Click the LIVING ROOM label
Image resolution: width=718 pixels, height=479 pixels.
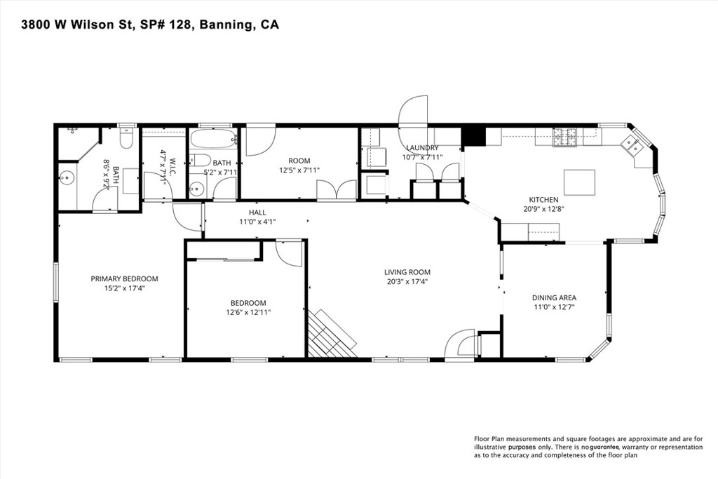click(x=407, y=272)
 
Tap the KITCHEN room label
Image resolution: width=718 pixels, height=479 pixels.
click(x=543, y=200)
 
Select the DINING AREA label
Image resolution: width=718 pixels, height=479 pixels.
click(x=554, y=297)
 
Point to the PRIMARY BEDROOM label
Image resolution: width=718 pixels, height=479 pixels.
click(x=124, y=278)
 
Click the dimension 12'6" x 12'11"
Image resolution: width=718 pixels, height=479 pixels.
click(x=248, y=312)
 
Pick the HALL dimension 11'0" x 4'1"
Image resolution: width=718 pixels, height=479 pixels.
click(x=257, y=222)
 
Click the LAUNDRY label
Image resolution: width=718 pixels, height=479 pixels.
click(x=422, y=147)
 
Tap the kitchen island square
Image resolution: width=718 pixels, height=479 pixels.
click(x=579, y=182)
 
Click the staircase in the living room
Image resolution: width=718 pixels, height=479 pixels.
click(x=332, y=333)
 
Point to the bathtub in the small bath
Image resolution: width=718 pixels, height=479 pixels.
click(x=213, y=138)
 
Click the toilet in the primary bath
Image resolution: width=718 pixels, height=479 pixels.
click(x=126, y=137)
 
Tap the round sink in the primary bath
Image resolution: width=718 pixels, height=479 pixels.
click(x=67, y=176)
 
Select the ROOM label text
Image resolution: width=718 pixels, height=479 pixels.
click(x=299, y=161)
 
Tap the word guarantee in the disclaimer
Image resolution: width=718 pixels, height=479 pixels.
click(x=604, y=447)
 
